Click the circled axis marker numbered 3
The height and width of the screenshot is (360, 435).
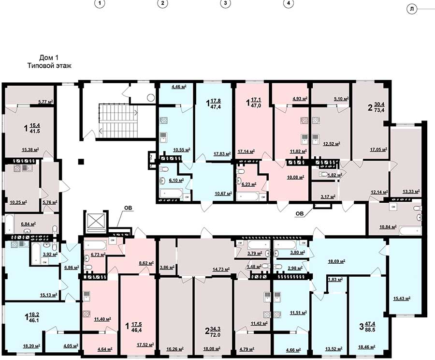coord(225,3)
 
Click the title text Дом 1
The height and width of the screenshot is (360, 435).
coord(49,58)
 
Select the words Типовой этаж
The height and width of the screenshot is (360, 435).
coord(49,66)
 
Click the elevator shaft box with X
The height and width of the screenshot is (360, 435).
coord(95,222)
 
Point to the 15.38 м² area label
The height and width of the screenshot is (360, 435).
coord(30,150)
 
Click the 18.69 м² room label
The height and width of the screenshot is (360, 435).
coord(336,261)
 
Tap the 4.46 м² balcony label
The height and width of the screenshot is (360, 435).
coord(179,87)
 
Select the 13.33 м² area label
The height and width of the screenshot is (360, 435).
coord(411,192)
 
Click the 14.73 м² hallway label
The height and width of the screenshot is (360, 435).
coord(221,269)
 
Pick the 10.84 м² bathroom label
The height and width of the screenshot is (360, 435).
coord(388,227)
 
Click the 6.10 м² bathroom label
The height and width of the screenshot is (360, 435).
coord(176,180)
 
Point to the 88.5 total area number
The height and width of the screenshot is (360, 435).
coord(371,330)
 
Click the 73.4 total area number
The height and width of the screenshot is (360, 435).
coord(379,110)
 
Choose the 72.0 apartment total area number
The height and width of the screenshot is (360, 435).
coord(215,335)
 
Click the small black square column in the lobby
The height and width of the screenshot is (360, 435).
coord(81,162)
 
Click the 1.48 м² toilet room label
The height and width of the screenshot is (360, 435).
coord(254,267)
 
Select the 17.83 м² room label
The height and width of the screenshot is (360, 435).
coord(222,153)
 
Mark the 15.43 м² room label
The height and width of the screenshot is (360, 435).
coord(402,299)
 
